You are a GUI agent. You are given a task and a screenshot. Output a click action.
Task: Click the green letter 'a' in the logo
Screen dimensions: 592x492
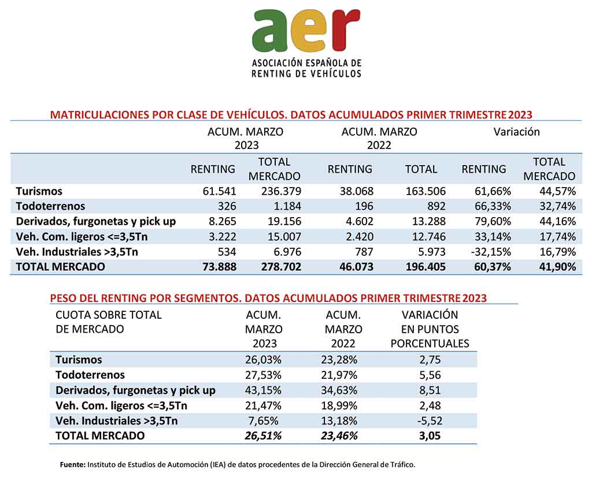[x=269, y=31]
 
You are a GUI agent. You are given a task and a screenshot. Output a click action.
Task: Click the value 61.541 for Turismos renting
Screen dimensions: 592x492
[x=219, y=191]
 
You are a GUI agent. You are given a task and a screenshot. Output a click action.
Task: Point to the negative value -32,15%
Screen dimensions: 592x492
[x=491, y=252]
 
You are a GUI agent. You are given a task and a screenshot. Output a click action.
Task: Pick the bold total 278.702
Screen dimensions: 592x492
[x=282, y=267]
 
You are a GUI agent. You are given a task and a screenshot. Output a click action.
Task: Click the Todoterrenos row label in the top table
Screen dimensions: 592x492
[x=51, y=206]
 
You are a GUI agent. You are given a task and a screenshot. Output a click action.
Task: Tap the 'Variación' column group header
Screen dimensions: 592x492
[x=516, y=132]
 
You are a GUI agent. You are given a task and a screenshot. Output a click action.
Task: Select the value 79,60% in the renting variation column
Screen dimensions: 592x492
[x=493, y=221]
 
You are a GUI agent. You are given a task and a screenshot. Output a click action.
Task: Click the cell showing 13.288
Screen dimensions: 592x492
[x=429, y=221]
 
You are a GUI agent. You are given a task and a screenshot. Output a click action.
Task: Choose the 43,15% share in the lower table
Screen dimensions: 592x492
[x=263, y=390]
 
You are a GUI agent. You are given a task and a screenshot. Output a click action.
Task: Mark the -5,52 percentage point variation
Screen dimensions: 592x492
[x=430, y=421]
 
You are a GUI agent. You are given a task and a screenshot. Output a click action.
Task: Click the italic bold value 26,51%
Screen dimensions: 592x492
[x=263, y=436]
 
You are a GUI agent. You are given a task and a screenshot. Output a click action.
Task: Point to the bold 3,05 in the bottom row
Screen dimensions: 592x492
[x=430, y=436]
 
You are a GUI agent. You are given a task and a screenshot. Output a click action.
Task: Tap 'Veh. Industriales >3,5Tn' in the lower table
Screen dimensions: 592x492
[x=116, y=421]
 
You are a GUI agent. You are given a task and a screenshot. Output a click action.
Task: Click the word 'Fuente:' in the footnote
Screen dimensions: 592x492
[x=73, y=465]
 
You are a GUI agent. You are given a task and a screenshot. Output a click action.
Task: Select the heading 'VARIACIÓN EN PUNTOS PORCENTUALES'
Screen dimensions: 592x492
[x=430, y=329]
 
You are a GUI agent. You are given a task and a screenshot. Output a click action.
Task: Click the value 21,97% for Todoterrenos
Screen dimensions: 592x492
[x=339, y=375]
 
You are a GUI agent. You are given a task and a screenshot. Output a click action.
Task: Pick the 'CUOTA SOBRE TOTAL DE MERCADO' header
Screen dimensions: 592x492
[x=108, y=322]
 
